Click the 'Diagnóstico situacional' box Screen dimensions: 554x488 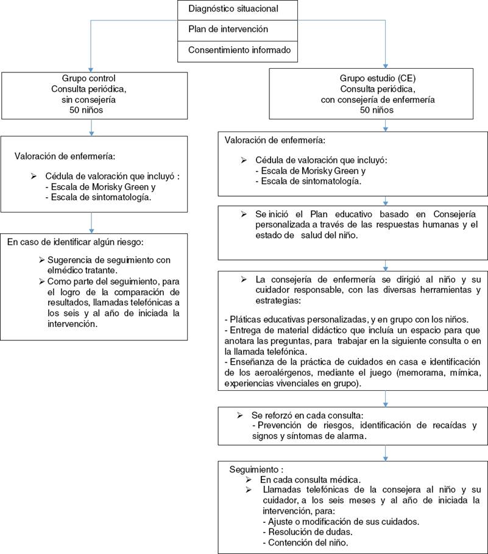pos(238,9)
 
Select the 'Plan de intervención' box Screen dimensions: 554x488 pos(238,29)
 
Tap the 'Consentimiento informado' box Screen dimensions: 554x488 pos(238,50)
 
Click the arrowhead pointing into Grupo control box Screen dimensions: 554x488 pos(91,68)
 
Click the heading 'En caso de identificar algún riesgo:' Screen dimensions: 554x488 pos(75,242)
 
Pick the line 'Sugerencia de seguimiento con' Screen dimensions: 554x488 pos(113,260)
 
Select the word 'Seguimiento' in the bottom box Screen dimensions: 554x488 pos(256,470)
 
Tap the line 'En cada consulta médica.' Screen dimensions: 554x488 pos(308,480)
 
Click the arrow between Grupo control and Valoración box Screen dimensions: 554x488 pos(91,127)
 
